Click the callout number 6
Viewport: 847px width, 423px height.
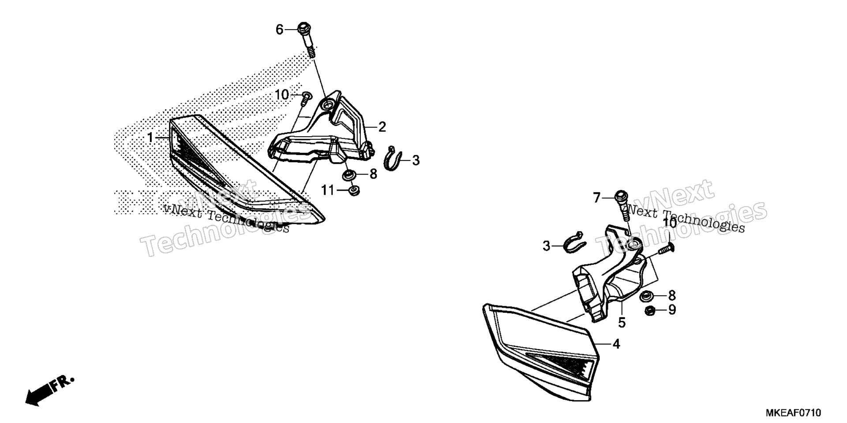pyautogui.click(x=279, y=30)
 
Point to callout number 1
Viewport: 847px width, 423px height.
pyautogui.click(x=150, y=138)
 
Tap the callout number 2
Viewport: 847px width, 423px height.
pyautogui.click(x=382, y=127)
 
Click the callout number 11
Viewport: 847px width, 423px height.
pyautogui.click(x=328, y=190)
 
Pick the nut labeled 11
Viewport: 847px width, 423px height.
pyautogui.click(x=353, y=191)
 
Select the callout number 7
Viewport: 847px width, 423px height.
pyautogui.click(x=596, y=198)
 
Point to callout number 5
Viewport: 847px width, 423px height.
pyautogui.click(x=622, y=323)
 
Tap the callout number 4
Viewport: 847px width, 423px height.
pyautogui.click(x=616, y=344)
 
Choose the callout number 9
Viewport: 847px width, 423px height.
pyautogui.click(x=672, y=310)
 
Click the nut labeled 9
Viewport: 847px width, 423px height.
pyautogui.click(x=649, y=311)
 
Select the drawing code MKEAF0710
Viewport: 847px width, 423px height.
pyautogui.click(x=793, y=413)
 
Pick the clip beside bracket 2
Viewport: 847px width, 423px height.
pyautogui.click(x=393, y=158)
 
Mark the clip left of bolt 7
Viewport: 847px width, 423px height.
pyautogui.click(x=575, y=242)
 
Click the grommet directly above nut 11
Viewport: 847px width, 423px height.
pyautogui.click(x=350, y=175)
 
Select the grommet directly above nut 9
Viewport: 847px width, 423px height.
pyautogui.click(x=647, y=296)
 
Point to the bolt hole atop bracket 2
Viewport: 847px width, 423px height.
pyautogui.click(x=327, y=105)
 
